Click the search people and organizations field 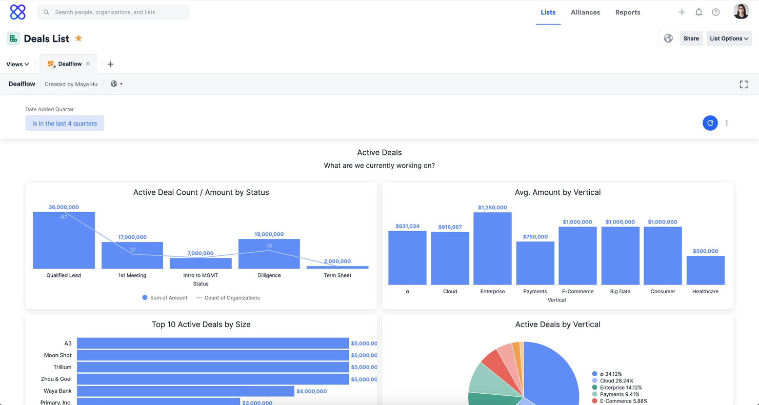[113, 12]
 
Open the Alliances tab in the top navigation [585, 12]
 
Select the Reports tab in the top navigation [628, 12]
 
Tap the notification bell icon [698, 12]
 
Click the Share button [691, 38]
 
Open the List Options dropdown [729, 38]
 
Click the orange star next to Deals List [78, 38]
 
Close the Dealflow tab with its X [88, 64]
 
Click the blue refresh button [710, 123]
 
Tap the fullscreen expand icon [743, 85]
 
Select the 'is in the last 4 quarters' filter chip [65, 123]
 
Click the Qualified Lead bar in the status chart [64, 240]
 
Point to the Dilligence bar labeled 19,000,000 [269, 254]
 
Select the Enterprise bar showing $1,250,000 [492, 249]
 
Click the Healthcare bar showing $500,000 [705, 270]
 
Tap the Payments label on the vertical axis [535, 291]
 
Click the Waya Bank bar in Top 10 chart [185, 391]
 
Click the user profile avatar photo [741, 12]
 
